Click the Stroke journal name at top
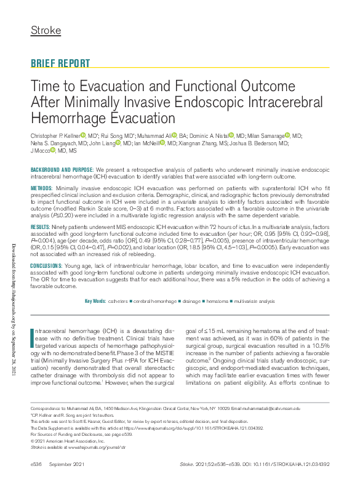point(46,30)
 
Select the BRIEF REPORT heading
point(60,63)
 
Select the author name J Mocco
point(40,150)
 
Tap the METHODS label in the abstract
point(41,187)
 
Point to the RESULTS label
point(41,228)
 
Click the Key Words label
point(95,301)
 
